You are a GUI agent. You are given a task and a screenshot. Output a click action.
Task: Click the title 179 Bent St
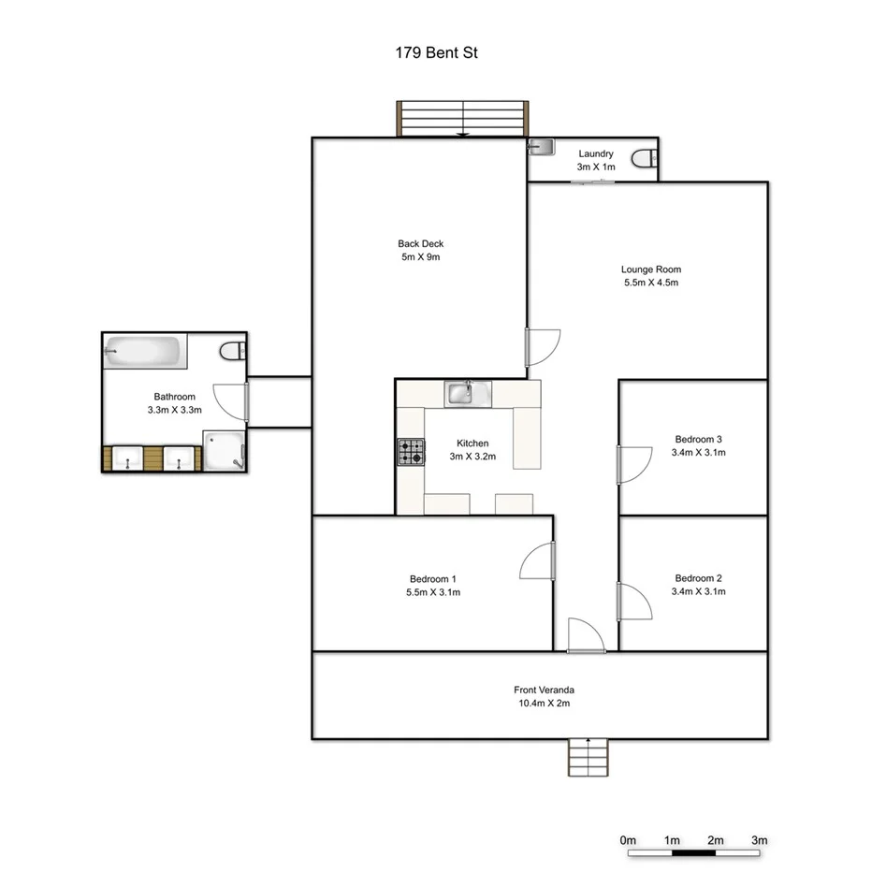coord(437,53)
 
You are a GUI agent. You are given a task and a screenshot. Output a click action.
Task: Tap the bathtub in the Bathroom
coord(143,353)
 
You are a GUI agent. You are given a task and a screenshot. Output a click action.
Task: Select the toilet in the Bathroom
coord(234,352)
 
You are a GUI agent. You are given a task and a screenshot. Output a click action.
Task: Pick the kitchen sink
coord(467,393)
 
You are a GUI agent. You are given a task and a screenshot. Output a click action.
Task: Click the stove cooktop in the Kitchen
coord(410,452)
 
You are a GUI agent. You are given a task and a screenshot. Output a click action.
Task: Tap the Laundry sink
coord(541,147)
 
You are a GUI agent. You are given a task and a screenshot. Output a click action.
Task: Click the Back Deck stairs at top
coord(463,119)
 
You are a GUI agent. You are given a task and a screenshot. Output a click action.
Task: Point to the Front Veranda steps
coord(588,757)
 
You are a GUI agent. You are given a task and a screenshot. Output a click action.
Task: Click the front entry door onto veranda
coord(586,636)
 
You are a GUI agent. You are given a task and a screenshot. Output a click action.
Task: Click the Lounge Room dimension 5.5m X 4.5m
coord(650,283)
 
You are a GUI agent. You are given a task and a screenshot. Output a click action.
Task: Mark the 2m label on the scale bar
coord(715,840)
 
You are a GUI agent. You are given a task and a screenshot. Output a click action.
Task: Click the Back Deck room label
coord(418,244)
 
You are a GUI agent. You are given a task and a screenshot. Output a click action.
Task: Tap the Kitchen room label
coord(472,443)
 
